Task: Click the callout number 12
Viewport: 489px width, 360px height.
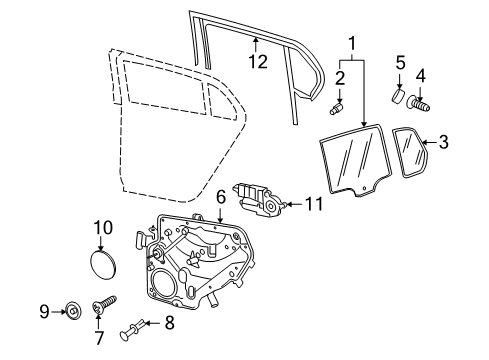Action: pos(258,62)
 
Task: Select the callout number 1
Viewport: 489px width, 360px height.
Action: pos(352,44)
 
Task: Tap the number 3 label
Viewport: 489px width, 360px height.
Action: pos(444,142)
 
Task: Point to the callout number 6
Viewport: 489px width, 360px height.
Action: pos(221,197)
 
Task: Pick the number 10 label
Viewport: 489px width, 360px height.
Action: pos(103,228)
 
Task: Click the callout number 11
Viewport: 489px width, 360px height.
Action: pos(314,204)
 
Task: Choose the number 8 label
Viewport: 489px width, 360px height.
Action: pos(169,323)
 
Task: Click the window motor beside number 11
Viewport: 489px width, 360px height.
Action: pos(260,198)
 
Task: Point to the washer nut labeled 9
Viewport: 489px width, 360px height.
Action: pos(73,311)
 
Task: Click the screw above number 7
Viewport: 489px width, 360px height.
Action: pos(104,304)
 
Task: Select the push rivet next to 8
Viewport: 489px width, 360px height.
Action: pos(133,330)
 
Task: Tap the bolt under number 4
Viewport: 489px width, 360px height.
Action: pos(418,104)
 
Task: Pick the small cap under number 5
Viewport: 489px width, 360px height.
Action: pos(398,96)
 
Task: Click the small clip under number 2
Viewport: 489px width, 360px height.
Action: pos(337,109)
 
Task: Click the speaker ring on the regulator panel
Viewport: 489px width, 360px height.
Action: pos(162,283)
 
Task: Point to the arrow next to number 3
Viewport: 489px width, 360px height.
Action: pos(430,142)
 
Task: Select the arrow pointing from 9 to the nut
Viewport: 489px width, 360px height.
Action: pos(59,312)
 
